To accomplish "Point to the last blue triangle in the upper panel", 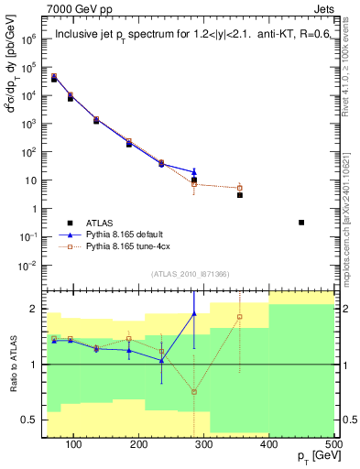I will click(x=194, y=171).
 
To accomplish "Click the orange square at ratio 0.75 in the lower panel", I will click(x=194, y=392).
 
